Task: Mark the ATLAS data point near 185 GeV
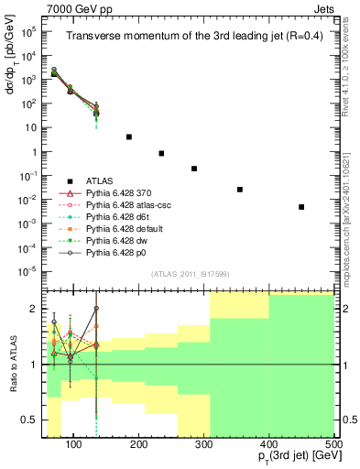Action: tap(129, 136)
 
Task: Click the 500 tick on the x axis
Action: tap(333, 445)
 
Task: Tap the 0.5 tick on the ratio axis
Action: tap(39, 420)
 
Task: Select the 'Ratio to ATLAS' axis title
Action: tap(12, 364)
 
